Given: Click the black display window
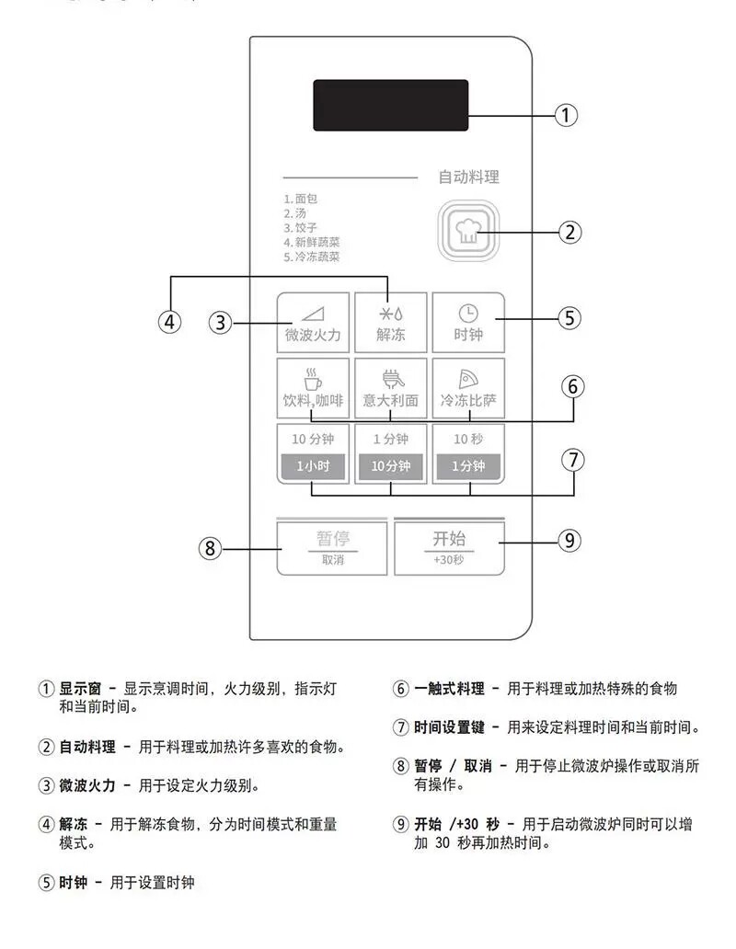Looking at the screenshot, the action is tap(390, 106).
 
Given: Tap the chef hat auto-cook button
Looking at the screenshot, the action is tap(468, 231).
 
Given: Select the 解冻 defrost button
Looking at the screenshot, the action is tap(391, 323).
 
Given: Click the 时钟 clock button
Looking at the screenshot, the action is tap(468, 323).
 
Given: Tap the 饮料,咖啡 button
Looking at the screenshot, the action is tap(313, 388).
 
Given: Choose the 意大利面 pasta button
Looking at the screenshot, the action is tap(391, 388).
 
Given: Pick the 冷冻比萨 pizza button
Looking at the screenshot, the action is tap(468, 388).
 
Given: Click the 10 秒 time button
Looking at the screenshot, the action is tap(468, 453).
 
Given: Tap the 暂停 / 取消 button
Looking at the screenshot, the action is tap(332, 548).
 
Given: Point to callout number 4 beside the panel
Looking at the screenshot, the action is tap(170, 321).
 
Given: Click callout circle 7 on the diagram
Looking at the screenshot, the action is tap(573, 460).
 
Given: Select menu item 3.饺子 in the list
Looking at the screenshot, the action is tap(300, 227).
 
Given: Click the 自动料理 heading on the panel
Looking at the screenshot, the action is tap(469, 177).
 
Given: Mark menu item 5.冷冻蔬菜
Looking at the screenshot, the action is tap(312, 257).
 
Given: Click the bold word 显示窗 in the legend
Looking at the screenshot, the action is tap(80, 689).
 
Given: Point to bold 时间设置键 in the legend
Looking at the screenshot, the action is tap(449, 727).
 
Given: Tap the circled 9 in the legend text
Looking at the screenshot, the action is tap(401, 824).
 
